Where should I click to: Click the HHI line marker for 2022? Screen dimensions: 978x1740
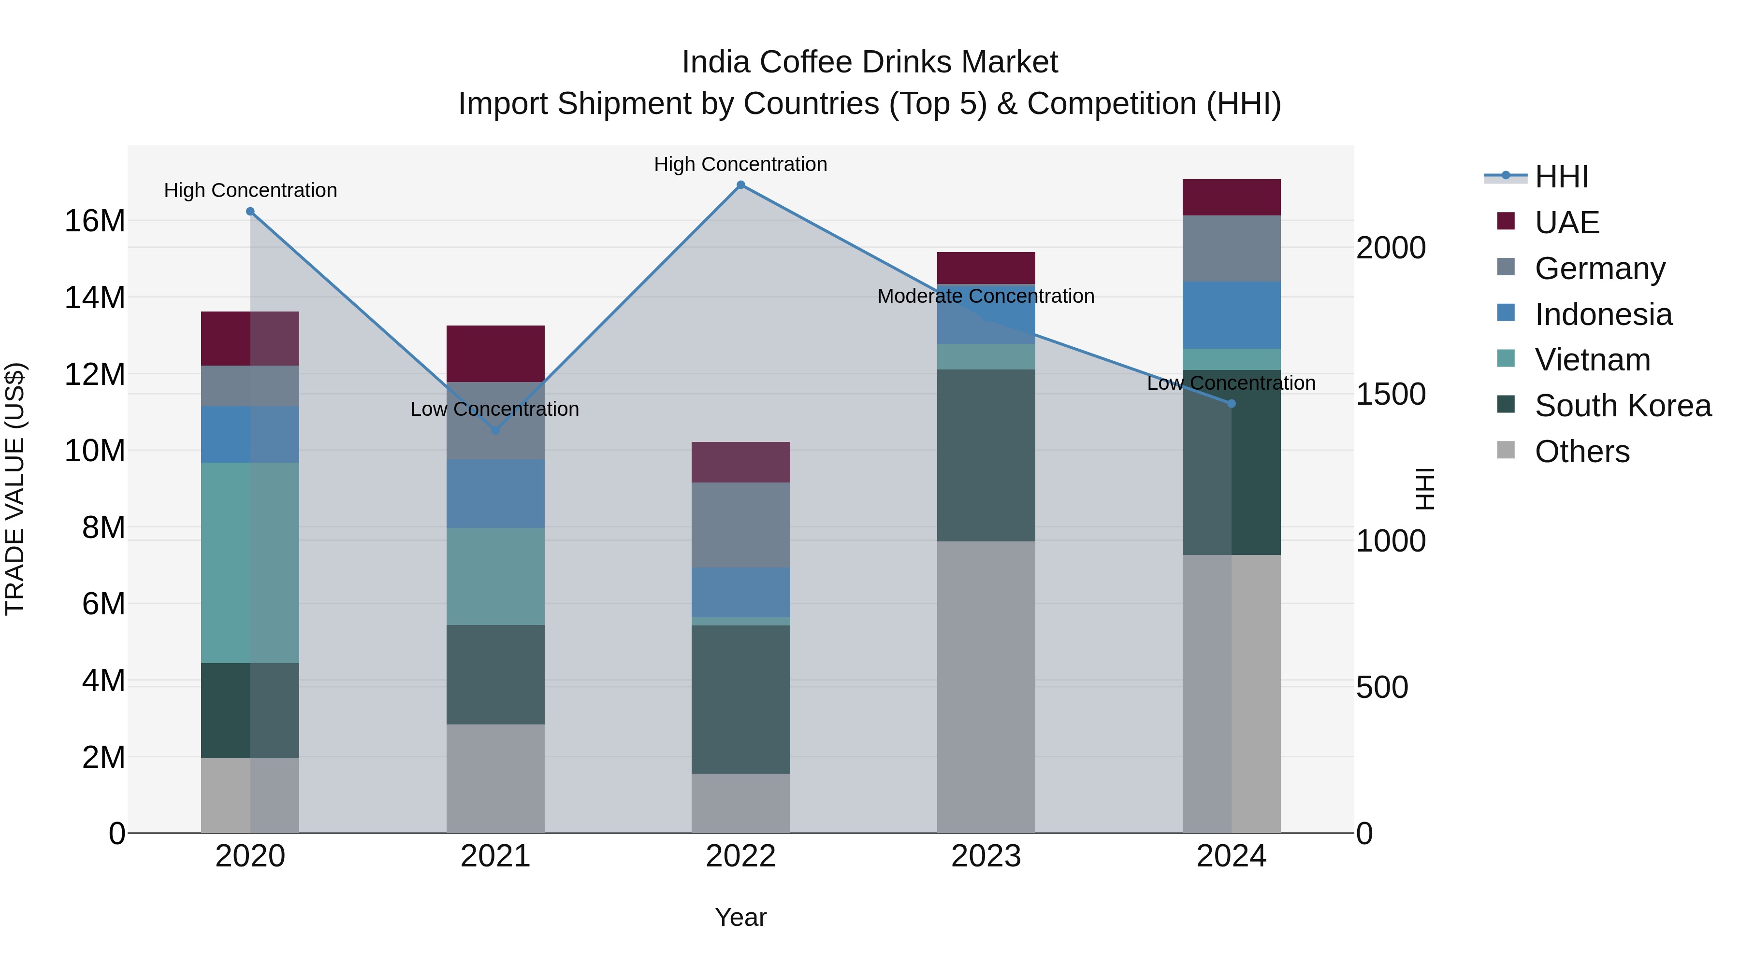[740, 185]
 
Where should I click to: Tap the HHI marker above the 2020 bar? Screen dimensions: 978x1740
[250, 211]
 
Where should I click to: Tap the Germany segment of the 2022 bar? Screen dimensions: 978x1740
[740, 524]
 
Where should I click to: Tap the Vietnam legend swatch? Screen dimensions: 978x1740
[1506, 358]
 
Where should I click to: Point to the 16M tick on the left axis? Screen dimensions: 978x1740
[95, 221]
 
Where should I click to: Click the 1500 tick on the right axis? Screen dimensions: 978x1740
[1391, 394]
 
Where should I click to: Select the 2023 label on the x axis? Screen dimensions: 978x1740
[986, 856]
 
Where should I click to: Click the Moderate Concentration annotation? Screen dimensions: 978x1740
[986, 297]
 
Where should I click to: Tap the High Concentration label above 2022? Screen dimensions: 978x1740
[740, 164]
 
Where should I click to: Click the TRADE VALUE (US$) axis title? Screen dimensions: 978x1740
[15, 489]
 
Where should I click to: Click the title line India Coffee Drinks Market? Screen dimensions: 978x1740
[870, 62]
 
